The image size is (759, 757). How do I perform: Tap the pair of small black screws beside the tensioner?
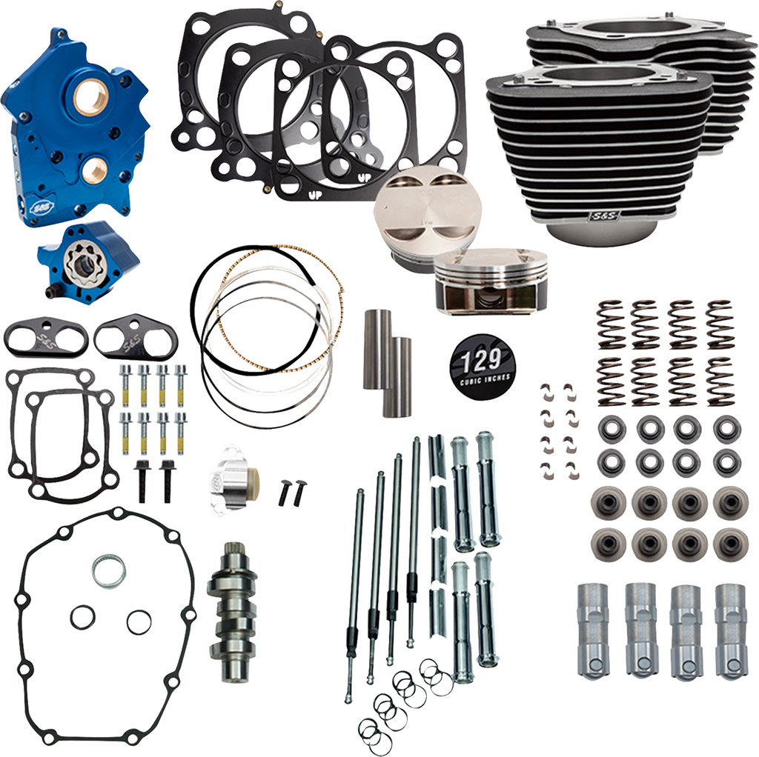click(x=285, y=490)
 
